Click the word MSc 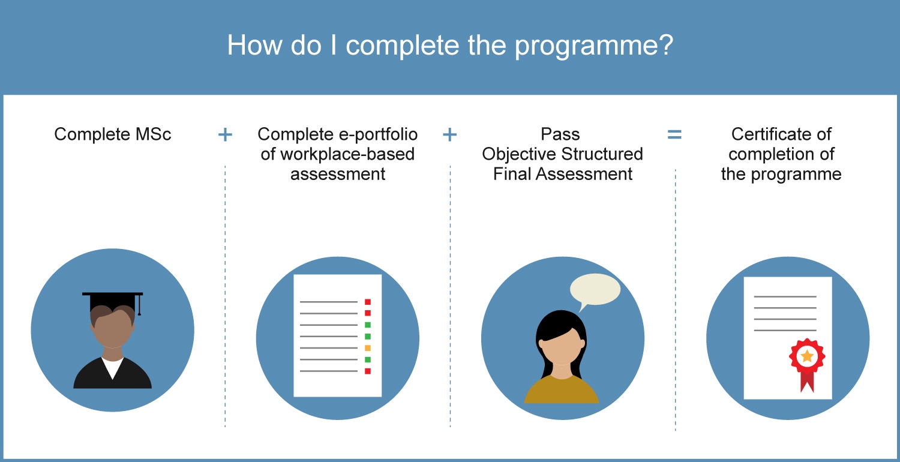point(153,134)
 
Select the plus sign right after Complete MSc point(225,134)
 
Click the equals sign point(674,134)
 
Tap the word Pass point(560,134)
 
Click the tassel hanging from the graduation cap point(139,305)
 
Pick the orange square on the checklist point(367,348)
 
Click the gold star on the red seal point(807,356)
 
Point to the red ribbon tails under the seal point(807,382)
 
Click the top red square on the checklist point(367,302)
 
